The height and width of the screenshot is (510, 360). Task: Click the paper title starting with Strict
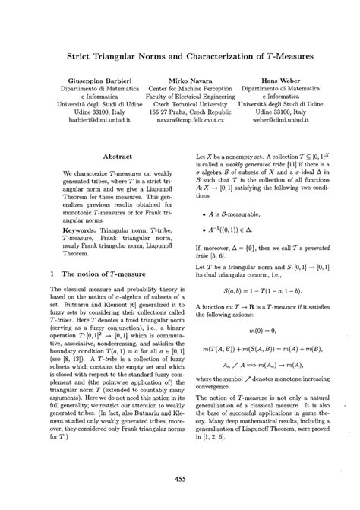[x=180, y=56]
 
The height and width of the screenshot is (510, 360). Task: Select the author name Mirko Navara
[x=179, y=79]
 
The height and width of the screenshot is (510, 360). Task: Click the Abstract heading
[x=118, y=156]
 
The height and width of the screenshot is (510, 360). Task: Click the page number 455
[x=180, y=479]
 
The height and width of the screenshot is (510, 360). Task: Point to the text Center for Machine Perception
[x=179, y=89]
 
